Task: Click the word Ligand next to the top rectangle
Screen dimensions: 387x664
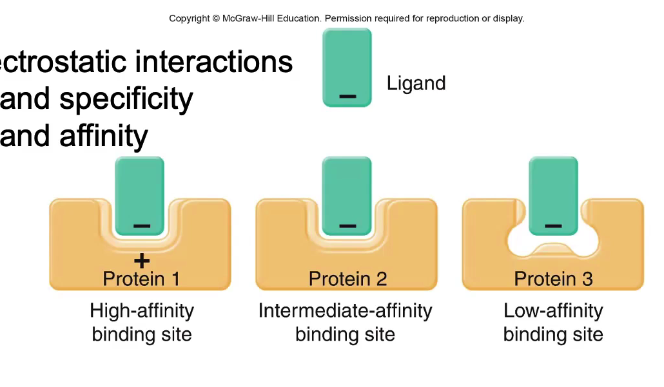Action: (416, 84)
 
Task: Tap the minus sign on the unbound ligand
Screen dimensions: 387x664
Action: (347, 97)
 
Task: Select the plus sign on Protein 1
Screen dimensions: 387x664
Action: (142, 260)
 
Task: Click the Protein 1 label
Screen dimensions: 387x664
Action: (141, 279)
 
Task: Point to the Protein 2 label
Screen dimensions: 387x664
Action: (347, 279)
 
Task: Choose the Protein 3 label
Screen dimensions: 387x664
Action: (553, 279)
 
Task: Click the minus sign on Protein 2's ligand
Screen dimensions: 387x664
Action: (347, 226)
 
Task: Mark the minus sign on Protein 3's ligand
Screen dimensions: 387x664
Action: (553, 226)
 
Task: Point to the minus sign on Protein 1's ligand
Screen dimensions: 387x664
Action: (142, 226)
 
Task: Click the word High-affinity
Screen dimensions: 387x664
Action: (142, 311)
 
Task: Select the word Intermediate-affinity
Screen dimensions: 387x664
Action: (345, 311)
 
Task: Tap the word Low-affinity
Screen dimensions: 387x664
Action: (553, 311)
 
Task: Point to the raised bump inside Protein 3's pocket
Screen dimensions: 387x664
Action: (553, 248)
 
